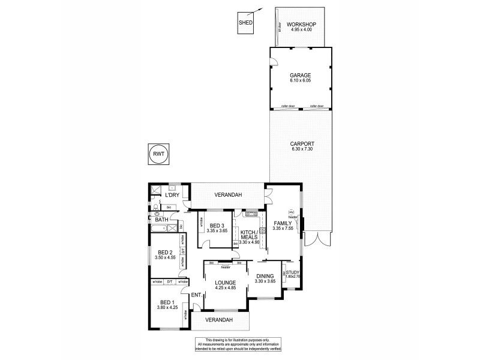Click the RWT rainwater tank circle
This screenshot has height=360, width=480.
[158, 154]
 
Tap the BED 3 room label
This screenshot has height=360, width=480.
[216, 226]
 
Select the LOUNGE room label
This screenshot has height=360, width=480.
[225, 283]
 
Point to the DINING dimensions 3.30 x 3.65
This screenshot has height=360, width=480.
[265, 281]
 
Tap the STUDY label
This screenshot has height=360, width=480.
[292, 272]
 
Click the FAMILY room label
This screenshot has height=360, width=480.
[281, 223]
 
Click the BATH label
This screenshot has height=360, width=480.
[162, 220]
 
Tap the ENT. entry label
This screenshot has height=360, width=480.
[196, 295]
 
